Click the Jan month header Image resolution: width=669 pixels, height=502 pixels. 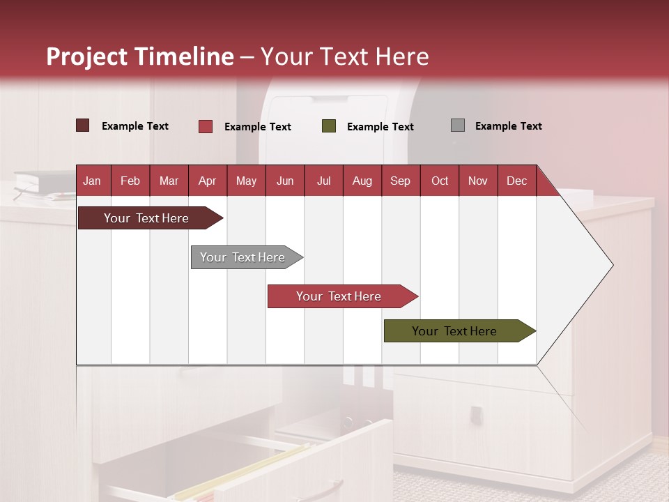(92, 181)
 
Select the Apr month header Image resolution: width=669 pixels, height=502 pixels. (207, 181)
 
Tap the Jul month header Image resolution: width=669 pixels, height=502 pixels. (323, 181)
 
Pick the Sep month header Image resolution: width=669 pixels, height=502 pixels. (400, 181)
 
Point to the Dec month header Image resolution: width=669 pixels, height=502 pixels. (516, 181)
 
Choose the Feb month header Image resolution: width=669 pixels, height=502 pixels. (130, 181)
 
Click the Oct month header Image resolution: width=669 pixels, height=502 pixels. (440, 181)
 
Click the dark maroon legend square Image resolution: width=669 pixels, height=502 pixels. (83, 125)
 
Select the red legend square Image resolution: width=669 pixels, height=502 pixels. (206, 126)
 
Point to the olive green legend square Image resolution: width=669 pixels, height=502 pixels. (329, 126)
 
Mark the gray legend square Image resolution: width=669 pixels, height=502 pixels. (458, 125)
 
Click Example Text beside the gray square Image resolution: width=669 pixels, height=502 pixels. (508, 126)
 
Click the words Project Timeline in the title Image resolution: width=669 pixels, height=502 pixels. (140, 56)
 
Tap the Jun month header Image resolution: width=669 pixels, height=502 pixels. (285, 181)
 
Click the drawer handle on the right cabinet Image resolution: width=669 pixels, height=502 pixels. (477, 416)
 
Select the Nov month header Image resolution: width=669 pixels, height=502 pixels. (478, 181)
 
